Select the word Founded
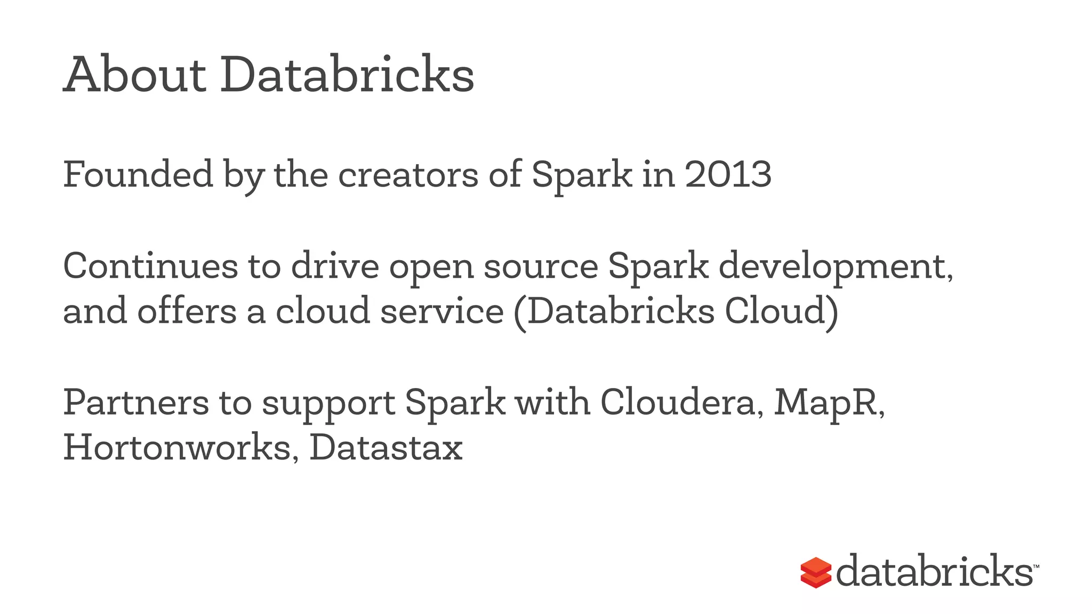[x=138, y=174]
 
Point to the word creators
[x=408, y=174]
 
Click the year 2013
[x=728, y=174]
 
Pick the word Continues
[x=150, y=266]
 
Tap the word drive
[x=335, y=266]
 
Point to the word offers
[x=187, y=311]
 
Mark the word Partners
[x=136, y=402]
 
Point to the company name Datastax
[x=386, y=448]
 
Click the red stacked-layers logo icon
[x=815, y=573]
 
